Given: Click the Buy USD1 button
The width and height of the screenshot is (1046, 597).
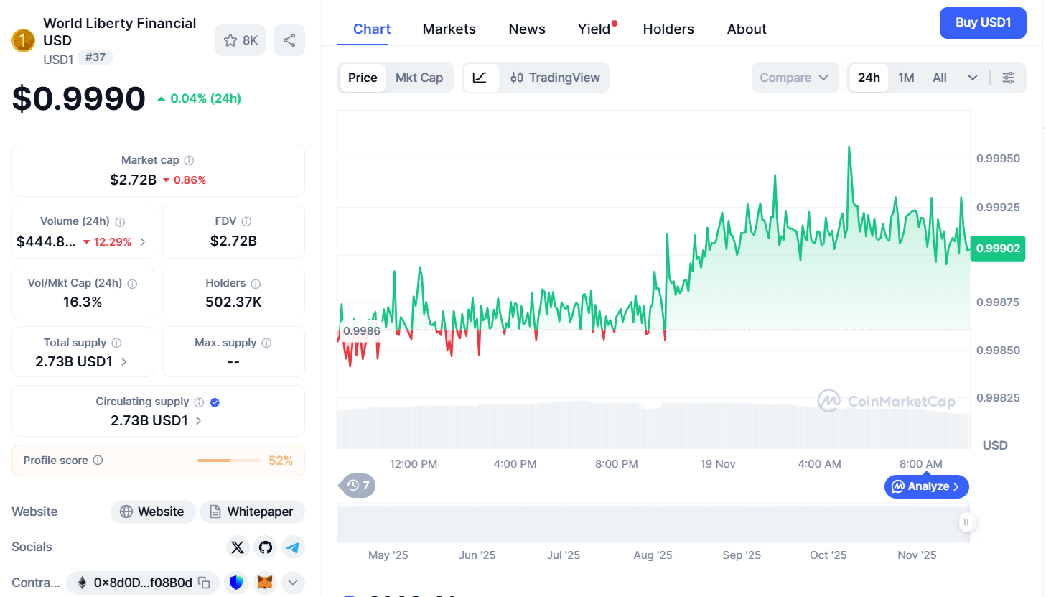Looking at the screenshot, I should click(982, 23).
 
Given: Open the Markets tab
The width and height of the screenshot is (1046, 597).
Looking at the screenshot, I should click(449, 29).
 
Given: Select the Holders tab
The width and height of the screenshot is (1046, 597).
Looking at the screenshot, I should click(668, 29).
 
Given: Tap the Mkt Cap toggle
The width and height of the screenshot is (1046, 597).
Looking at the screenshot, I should click(419, 78).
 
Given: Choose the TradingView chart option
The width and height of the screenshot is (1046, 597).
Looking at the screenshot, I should click(555, 78).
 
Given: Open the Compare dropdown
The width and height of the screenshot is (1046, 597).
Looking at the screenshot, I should click(794, 78).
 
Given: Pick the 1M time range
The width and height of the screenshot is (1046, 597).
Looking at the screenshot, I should click(906, 78).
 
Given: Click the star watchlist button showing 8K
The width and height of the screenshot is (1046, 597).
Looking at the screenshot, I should click(240, 40).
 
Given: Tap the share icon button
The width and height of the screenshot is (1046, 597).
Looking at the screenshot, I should click(289, 40).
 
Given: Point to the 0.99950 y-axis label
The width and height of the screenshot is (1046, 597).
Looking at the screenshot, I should click(998, 159).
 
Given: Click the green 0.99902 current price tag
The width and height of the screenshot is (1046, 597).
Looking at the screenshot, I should click(998, 249).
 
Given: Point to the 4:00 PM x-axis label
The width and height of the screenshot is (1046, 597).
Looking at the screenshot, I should click(515, 464).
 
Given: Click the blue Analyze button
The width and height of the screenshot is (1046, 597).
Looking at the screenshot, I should click(926, 486).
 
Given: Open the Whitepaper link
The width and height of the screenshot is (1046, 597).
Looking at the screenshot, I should click(252, 512).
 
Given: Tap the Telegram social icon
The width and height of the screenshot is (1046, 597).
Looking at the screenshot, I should click(293, 547).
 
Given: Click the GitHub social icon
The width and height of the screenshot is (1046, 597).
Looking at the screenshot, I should click(266, 547).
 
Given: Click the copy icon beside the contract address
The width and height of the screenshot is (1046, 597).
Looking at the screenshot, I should click(204, 583).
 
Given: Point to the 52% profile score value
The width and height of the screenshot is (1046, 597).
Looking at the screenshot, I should click(280, 461).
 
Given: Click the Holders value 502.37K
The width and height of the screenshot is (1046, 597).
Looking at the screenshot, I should click(233, 302).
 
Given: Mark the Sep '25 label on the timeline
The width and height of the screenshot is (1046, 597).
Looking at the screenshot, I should click(742, 555).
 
